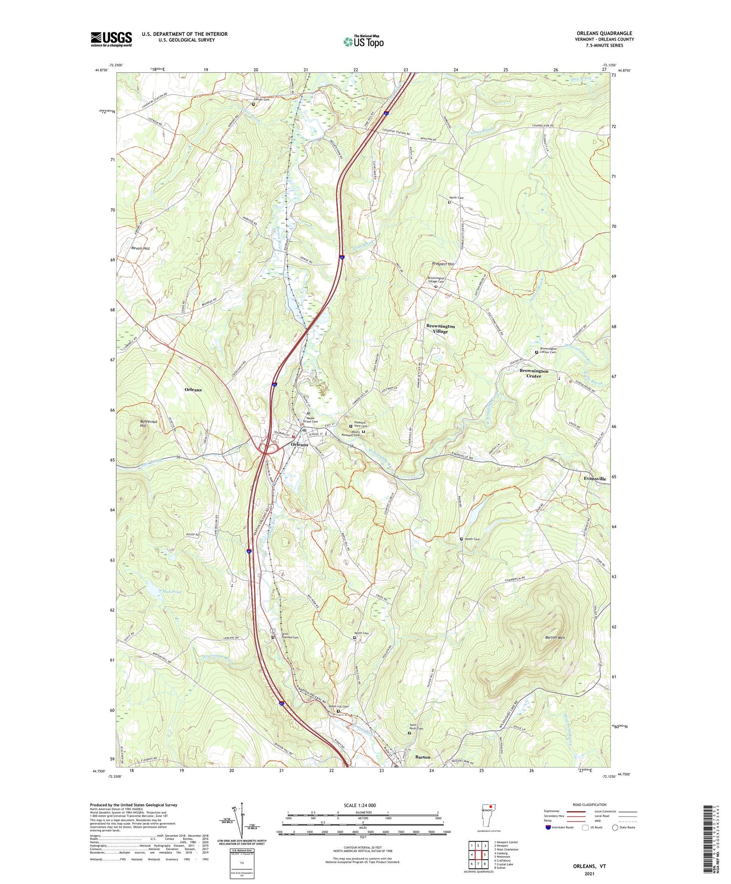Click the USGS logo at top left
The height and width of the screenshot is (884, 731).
(111, 39)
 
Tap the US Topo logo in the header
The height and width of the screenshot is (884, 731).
(363, 42)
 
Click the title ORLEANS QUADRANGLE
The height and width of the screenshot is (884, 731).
(604, 33)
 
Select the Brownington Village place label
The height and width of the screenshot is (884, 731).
(440, 329)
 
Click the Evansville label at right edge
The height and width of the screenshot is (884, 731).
(594, 478)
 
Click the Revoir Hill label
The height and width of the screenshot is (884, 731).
(140, 249)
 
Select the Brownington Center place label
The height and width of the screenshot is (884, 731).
(534, 373)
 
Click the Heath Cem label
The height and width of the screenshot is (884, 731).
(471, 539)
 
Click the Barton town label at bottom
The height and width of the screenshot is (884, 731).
(422, 757)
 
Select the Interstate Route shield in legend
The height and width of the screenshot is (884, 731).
(548, 827)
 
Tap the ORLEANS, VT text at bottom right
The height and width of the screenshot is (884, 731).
(589, 866)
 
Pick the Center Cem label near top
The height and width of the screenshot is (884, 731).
(262, 99)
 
